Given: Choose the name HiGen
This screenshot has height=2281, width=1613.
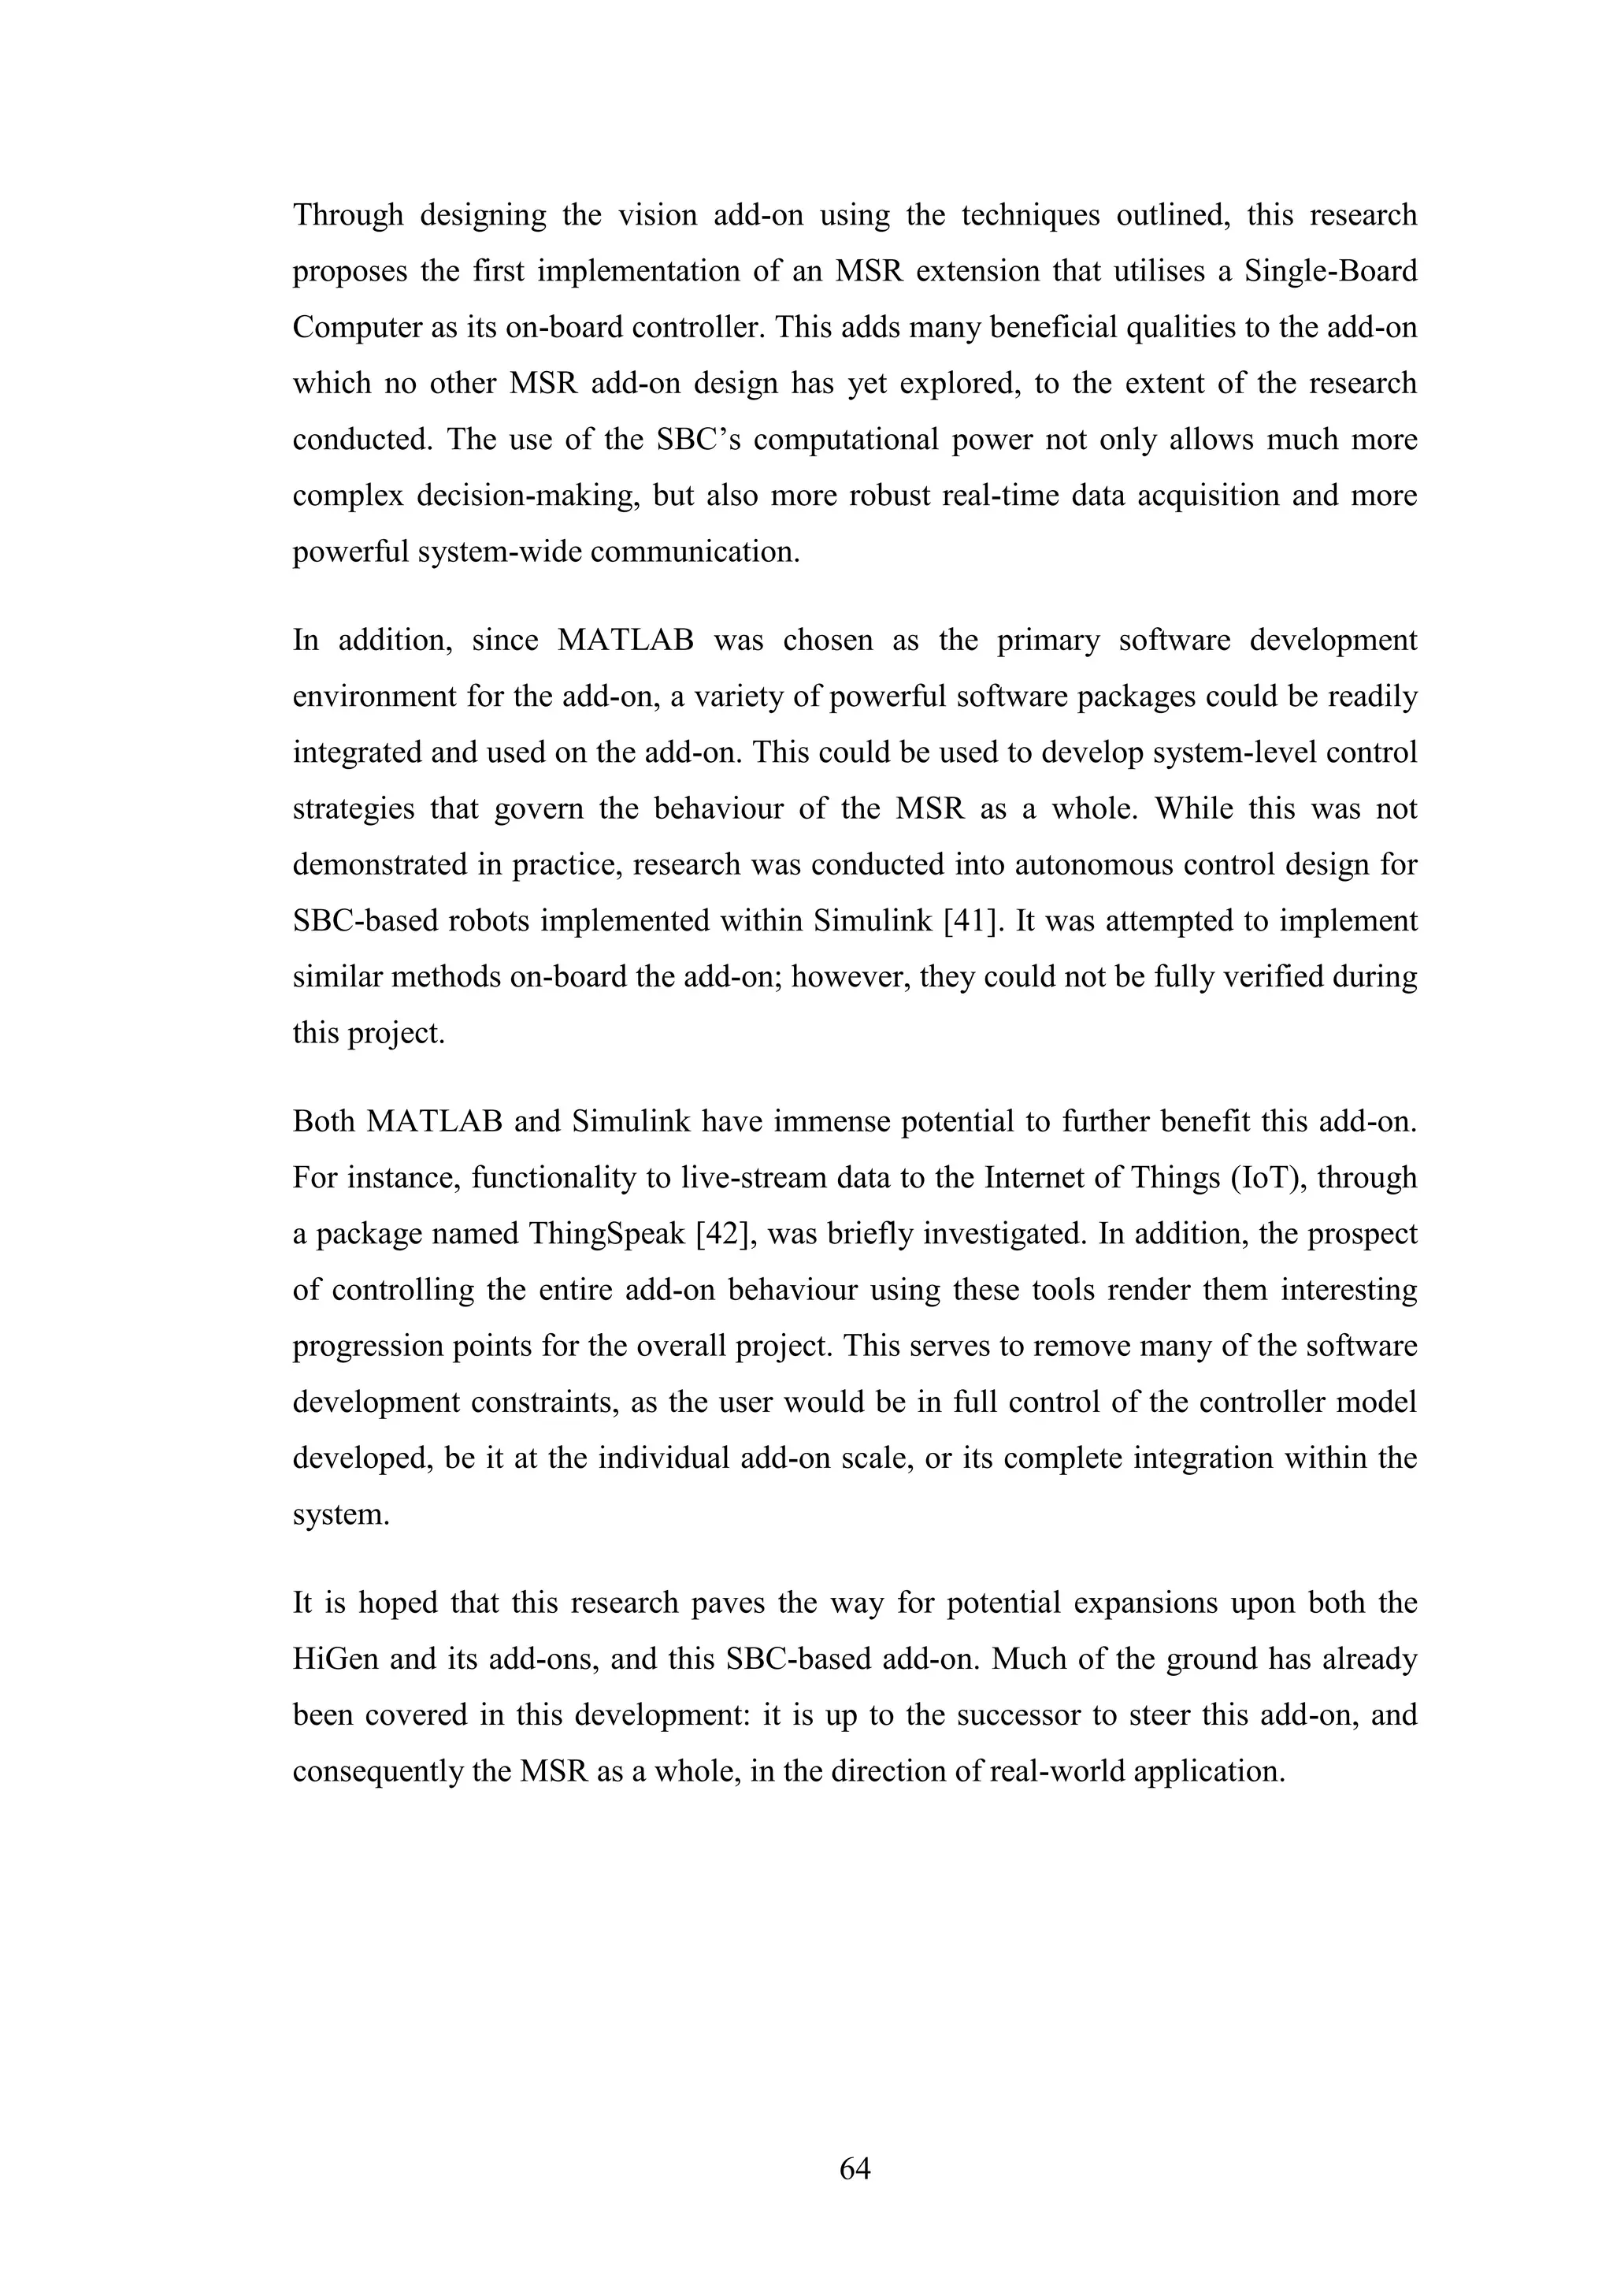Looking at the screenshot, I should [x=335, y=1659].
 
